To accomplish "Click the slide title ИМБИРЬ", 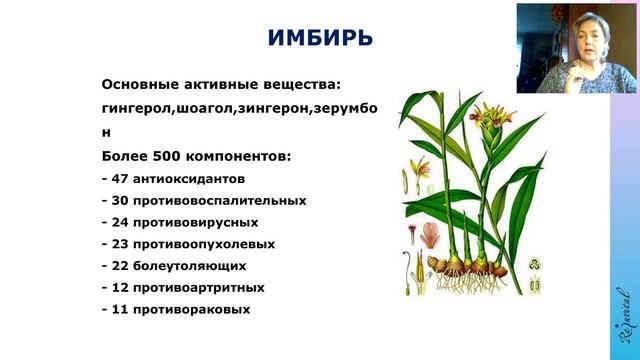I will tap(320, 40).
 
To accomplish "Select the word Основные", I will tap(139, 84).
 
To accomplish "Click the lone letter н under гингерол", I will tap(107, 131).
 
